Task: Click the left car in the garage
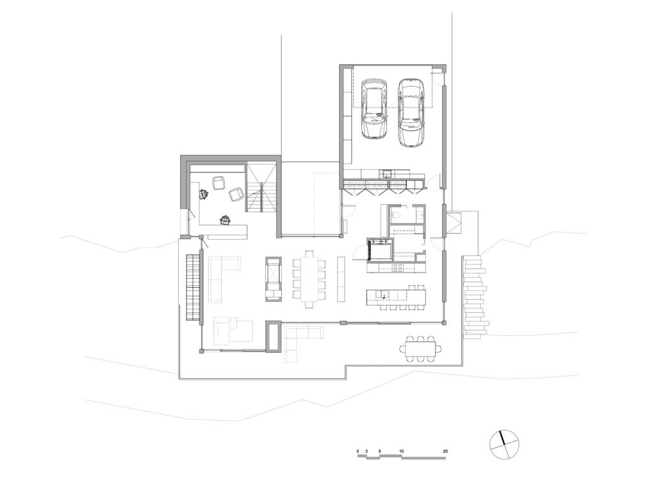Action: point(374,109)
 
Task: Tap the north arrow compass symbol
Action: point(503,445)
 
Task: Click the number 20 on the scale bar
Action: point(445,451)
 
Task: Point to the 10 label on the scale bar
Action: point(401,451)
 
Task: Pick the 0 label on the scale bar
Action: point(358,451)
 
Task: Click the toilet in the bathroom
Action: point(397,215)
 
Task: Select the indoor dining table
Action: point(310,279)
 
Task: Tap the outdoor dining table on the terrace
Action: point(421,349)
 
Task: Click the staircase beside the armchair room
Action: point(262,187)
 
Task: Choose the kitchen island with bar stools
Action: point(396,297)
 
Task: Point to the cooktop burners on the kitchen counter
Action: point(398,268)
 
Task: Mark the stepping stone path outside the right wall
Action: point(476,296)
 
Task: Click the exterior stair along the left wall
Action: point(193,288)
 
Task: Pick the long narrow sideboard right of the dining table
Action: point(341,279)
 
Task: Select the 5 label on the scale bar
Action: point(379,451)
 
